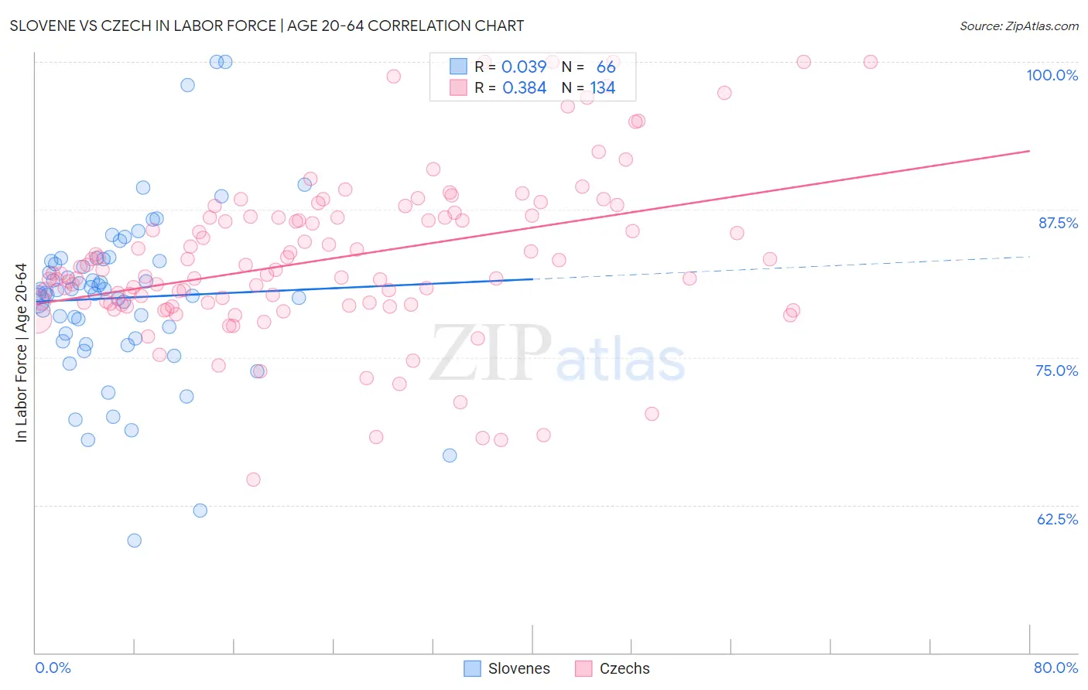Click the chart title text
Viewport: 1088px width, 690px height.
pos(267,26)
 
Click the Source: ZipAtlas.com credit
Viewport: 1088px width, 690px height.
pos(1018,26)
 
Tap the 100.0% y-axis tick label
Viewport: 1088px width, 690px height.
pos(1052,75)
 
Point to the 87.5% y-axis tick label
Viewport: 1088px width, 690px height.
pos(1058,223)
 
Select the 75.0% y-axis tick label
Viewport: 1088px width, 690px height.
pos(1056,371)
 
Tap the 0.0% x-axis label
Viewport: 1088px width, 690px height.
pos(53,668)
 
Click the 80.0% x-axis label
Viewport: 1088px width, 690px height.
pos(1055,668)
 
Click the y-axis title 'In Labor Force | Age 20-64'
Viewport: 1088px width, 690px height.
pos(22,353)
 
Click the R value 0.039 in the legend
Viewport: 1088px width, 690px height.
pos(524,67)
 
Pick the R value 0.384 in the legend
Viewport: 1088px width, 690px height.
pos(524,88)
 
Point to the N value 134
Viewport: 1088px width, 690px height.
pos(602,88)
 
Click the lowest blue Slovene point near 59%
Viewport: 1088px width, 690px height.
pos(135,541)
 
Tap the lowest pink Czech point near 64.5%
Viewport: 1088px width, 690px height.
pos(253,480)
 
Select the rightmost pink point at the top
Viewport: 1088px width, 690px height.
pos(871,62)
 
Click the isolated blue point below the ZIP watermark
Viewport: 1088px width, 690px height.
pos(450,456)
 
